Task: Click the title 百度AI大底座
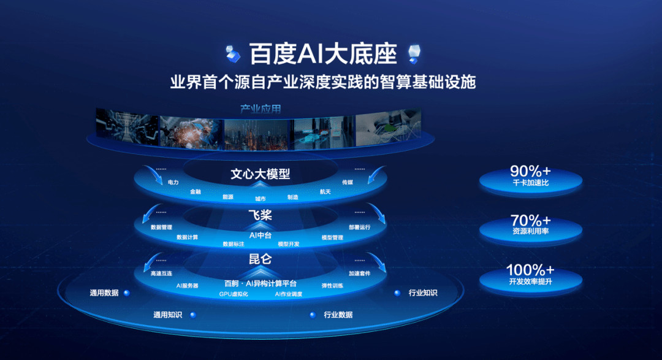[323, 54]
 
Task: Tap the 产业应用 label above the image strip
[261, 109]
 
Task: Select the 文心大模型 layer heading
[261, 174]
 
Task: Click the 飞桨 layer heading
[260, 215]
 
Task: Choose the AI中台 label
[261, 235]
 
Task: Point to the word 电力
[173, 183]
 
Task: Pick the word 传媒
[348, 182]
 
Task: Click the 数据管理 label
[161, 228]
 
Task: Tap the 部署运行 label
[360, 228]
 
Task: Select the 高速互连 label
[161, 274]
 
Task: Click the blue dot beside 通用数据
[127, 293]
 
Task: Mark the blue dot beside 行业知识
[397, 293]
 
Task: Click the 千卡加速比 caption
[531, 183]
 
